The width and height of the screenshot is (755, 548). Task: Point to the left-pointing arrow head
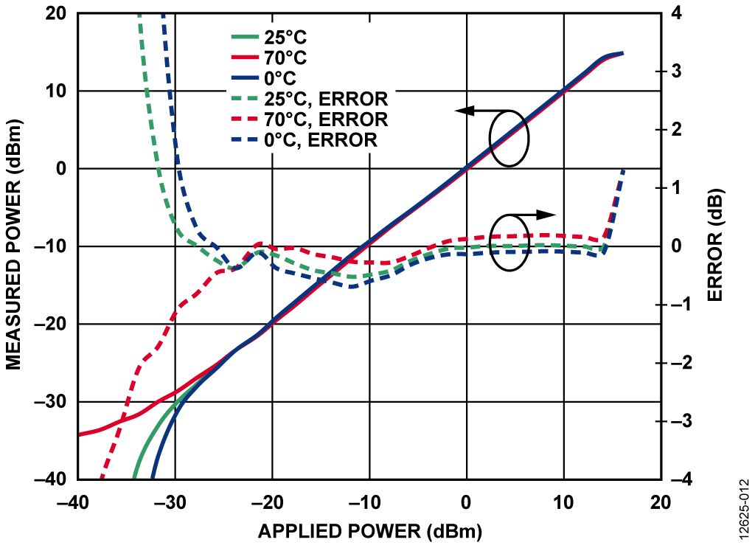pos(462,111)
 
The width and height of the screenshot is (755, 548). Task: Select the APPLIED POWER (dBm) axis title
pos(369,531)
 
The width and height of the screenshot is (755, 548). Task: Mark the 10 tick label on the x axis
pos(564,502)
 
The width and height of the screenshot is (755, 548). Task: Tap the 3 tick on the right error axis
pos(676,72)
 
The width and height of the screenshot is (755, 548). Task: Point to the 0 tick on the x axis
pos(467,502)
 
